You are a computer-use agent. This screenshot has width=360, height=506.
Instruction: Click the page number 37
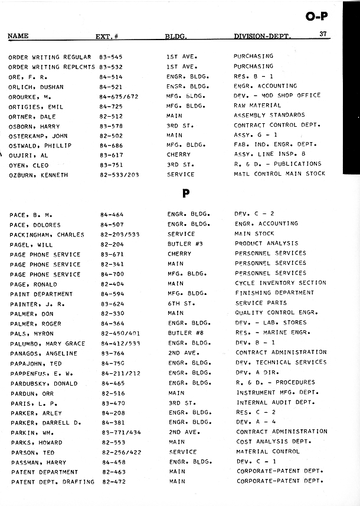click(x=323, y=34)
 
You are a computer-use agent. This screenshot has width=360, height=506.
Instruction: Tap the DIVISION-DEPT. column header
click(x=262, y=37)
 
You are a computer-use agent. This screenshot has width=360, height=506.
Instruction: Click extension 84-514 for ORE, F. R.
click(x=111, y=77)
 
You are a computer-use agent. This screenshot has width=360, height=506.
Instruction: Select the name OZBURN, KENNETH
click(x=38, y=175)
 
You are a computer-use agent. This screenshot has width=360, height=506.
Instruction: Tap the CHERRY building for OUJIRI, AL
click(x=178, y=155)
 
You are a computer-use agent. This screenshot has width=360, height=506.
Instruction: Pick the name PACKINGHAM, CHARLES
click(x=47, y=234)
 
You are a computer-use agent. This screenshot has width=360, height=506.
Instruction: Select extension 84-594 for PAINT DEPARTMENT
click(x=112, y=293)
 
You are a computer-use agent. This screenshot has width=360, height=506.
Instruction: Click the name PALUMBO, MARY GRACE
click(x=47, y=343)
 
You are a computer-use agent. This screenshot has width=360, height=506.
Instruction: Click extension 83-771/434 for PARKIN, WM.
click(x=120, y=432)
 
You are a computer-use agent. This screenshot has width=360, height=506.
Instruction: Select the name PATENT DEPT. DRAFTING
click(x=52, y=482)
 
